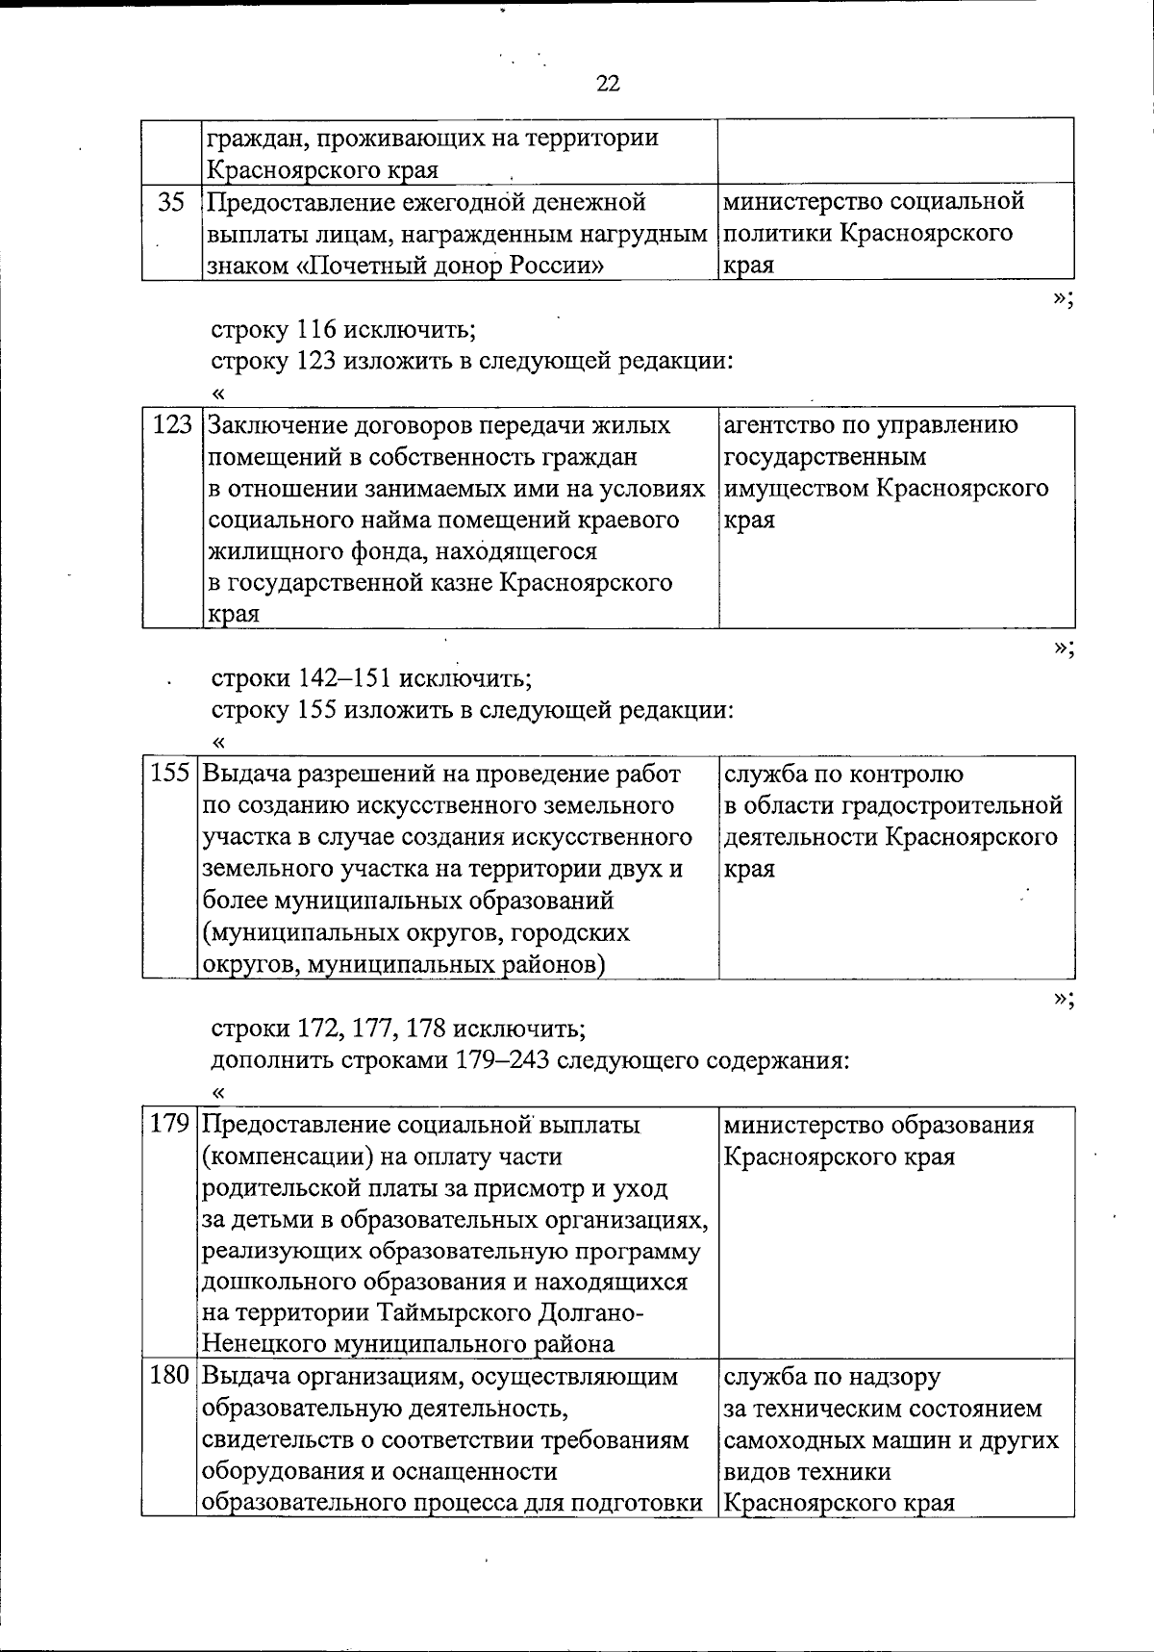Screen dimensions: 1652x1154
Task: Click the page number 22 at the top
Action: [608, 84]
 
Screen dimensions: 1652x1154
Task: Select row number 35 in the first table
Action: [171, 203]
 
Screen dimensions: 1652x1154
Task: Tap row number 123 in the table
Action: [173, 425]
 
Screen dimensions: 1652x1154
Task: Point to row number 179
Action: [169, 1125]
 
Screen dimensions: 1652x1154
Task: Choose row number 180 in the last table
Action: [169, 1377]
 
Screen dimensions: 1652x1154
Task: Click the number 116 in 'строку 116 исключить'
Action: [315, 330]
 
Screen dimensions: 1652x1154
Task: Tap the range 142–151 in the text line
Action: [343, 678]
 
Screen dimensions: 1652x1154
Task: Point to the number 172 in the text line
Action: [316, 1029]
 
